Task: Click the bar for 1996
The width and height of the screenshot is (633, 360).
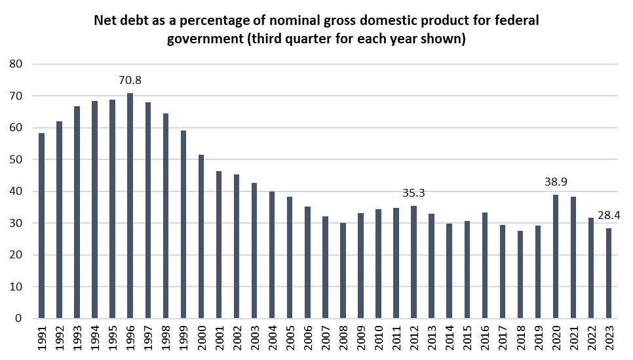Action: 130,206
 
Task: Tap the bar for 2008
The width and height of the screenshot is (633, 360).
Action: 343,271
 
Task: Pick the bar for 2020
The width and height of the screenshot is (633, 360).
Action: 556,256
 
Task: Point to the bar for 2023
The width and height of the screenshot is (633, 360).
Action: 609,273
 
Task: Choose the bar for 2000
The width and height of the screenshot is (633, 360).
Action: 201,237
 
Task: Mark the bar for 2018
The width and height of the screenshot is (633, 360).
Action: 520,275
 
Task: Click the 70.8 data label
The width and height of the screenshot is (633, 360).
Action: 130,81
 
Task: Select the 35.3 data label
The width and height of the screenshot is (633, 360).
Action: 413,193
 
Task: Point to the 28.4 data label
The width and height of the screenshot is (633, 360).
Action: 609,215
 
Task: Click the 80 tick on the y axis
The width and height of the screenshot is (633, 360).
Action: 17,64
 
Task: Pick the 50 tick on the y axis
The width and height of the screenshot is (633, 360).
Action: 17,159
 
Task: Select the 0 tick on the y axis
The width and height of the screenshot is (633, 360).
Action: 20,319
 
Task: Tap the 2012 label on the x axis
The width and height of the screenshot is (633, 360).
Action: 414,337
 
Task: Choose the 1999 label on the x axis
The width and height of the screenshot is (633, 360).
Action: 183,337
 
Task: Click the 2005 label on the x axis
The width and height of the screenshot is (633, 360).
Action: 290,337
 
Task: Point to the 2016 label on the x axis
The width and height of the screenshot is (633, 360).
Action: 485,337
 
